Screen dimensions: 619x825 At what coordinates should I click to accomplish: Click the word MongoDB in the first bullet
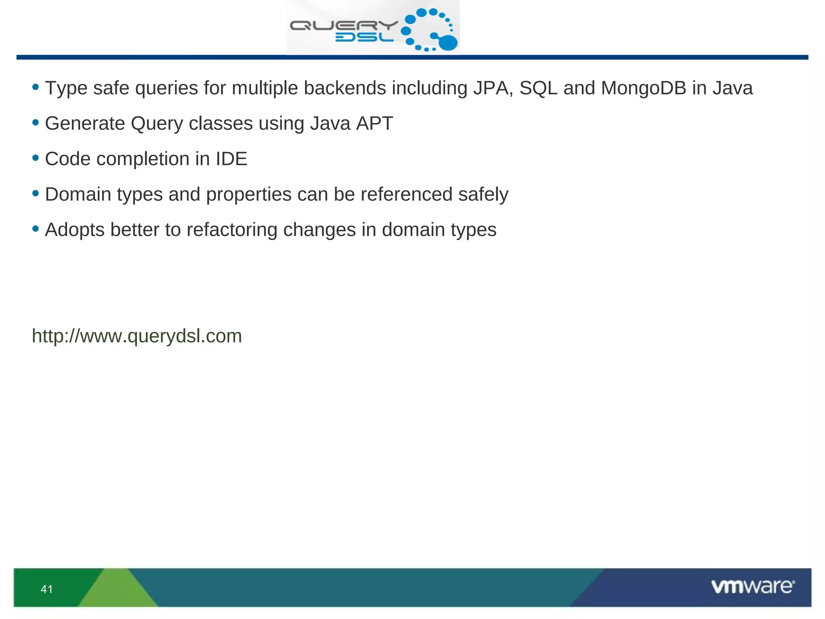[643, 88]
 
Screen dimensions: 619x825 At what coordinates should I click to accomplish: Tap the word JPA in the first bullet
[493, 88]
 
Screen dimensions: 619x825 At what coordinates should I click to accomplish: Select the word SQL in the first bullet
[538, 88]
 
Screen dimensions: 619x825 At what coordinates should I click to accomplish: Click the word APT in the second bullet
[375, 123]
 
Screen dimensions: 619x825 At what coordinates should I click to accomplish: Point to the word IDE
[231, 159]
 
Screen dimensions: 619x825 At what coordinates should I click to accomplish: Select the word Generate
[85, 123]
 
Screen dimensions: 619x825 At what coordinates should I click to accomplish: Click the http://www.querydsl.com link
[137, 336]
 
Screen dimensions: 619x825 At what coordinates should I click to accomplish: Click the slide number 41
[47, 589]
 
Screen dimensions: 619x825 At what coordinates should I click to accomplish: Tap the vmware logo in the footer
[752, 586]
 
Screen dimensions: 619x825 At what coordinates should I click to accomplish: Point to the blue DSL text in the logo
[364, 37]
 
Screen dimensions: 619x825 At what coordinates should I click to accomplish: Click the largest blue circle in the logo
[448, 43]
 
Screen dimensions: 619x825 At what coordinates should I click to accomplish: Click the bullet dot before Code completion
[35, 158]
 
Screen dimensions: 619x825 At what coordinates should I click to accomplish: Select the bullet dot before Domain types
[35, 193]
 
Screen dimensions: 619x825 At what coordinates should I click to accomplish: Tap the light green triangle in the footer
[117, 590]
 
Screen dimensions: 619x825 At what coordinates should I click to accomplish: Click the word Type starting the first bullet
[66, 89]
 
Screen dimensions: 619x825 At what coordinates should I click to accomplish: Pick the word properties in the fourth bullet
[249, 195]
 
